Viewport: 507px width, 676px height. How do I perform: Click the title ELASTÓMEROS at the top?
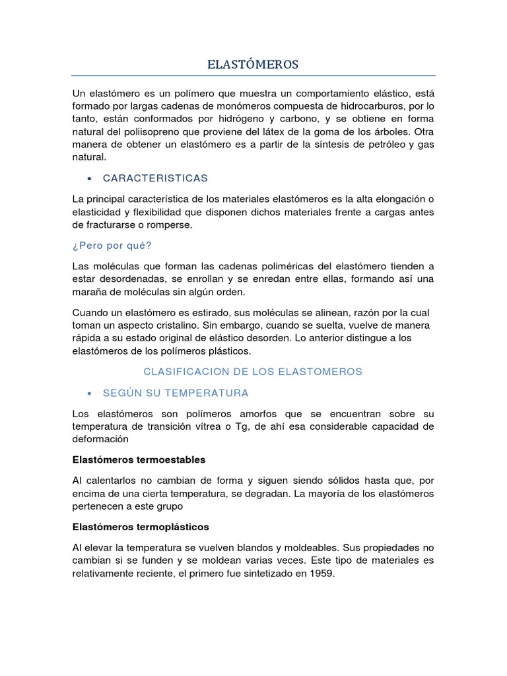coord(253,64)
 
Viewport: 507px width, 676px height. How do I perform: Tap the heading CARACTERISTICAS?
coord(155,178)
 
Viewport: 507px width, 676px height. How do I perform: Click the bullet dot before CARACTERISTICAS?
coord(88,179)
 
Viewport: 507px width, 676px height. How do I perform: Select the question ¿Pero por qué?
coord(112,246)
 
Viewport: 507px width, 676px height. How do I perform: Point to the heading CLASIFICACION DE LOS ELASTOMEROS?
coord(253,372)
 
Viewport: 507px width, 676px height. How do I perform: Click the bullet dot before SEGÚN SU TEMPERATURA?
coord(88,393)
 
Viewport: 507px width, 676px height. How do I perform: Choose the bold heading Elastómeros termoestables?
coord(139,459)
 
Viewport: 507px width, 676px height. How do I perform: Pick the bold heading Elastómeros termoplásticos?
coord(141,527)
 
